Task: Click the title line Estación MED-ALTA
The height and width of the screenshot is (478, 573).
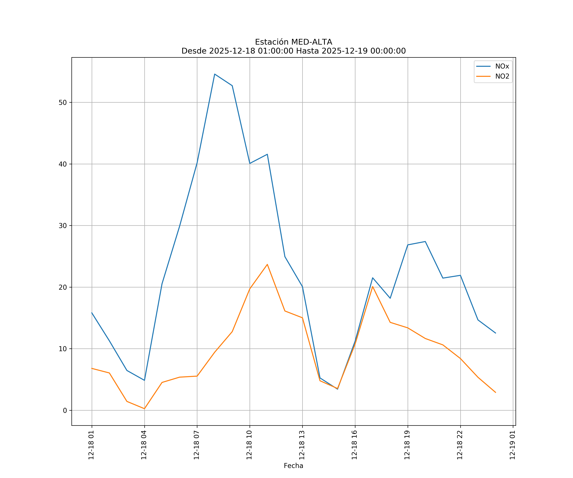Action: pos(293,42)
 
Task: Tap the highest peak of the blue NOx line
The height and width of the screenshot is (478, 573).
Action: pos(215,74)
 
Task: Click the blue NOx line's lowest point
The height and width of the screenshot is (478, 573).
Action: pos(338,389)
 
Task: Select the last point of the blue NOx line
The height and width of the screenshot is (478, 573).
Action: pos(495,333)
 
